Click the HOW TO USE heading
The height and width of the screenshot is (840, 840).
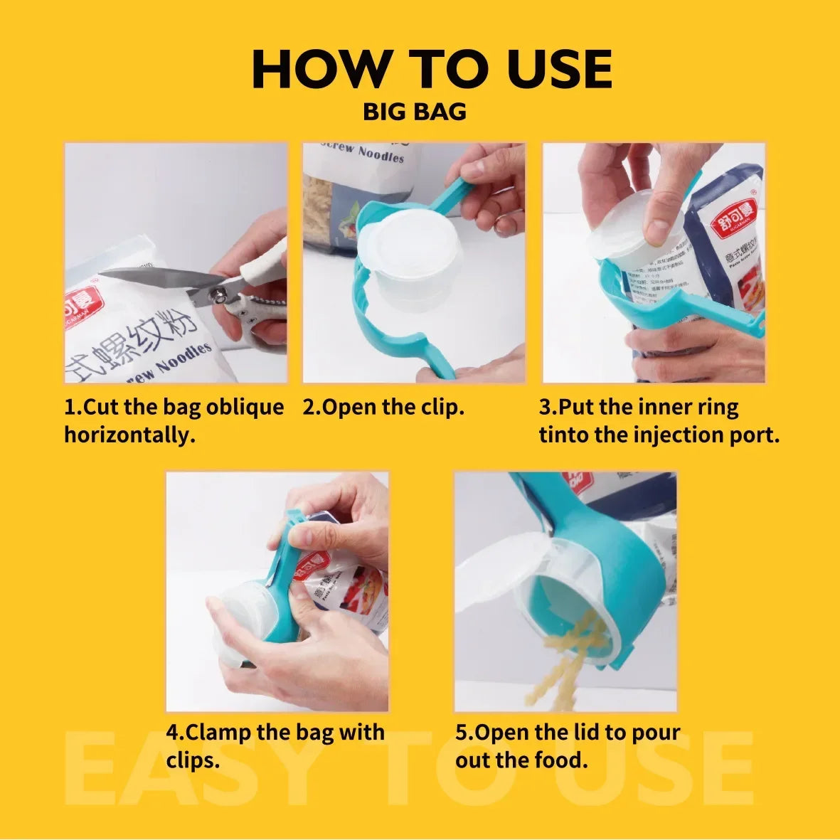click(x=431, y=70)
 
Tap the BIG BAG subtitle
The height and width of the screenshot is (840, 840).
click(x=415, y=112)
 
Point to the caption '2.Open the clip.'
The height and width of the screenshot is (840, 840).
click(x=383, y=408)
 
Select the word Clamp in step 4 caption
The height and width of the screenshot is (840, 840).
click(x=218, y=732)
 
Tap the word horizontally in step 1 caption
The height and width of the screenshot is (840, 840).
click(x=129, y=435)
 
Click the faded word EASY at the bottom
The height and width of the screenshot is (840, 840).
click(x=192, y=772)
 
